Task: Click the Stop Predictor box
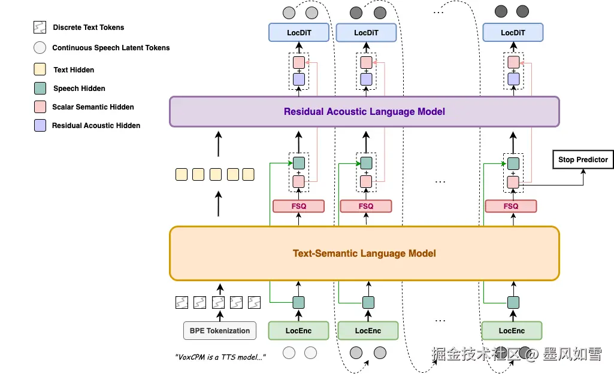click(583, 160)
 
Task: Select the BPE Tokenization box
click(220, 331)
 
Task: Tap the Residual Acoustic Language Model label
click(364, 111)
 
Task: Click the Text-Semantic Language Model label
click(364, 254)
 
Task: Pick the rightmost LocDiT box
click(513, 33)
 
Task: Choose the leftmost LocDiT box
click(298, 33)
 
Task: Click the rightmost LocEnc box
click(512, 331)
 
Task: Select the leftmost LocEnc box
click(298, 331)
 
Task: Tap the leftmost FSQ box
click(298, 206)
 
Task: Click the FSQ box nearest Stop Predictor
click(511, 206)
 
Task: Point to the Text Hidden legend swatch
click(40, 69)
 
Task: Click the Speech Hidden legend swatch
click(40, 88)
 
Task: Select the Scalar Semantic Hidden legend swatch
click(40, 107)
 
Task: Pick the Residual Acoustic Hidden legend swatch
click(40, 125)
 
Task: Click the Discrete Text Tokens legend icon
click(40, 28)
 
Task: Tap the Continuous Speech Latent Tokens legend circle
click(40, 48)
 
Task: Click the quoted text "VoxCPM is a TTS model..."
click(220, 357)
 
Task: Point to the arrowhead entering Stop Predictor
click(583, 171)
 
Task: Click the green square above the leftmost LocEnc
click(298, 303)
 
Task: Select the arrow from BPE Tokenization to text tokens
click(220, 315)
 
